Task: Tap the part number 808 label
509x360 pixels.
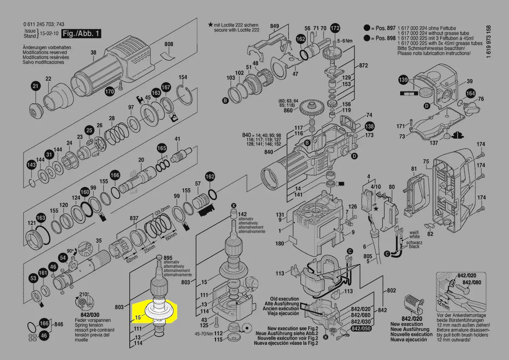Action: click(x=169, y=44)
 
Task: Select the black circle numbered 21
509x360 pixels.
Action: click(x=35, y=87)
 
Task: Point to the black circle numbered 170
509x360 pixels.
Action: click(x=109, y=92)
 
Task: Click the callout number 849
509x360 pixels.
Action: click(x=274, y=27)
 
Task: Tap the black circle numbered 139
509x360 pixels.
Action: click(x=404, y=80)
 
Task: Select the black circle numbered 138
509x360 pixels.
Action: click(x=369, y=126)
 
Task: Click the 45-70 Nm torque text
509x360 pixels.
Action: click(x=203, y=334)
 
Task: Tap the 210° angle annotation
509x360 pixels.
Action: click(x=84, y=294)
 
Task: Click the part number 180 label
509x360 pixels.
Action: click(x=280, y=244)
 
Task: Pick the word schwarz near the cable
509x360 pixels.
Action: click(x=414, y=242)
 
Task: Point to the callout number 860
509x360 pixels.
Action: click(x=288, y=111)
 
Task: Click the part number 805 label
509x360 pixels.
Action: click(x=367, y=256)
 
